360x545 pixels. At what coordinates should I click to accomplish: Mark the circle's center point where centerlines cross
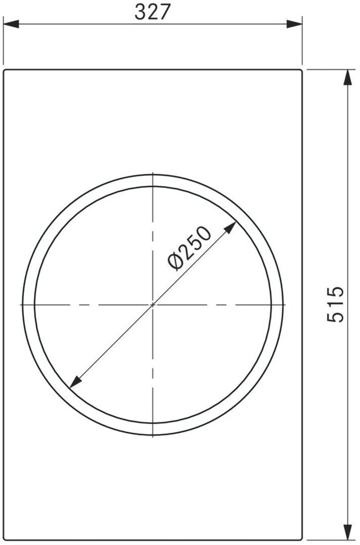click(x=153, y=304)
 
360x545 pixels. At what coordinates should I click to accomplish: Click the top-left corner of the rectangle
click(x=4, y=70)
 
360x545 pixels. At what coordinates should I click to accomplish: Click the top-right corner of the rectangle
click(x=302, y=70)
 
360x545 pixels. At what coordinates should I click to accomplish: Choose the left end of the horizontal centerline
click(x=21, y=304)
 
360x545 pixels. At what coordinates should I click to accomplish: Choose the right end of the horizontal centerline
click(x=285, y=304)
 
